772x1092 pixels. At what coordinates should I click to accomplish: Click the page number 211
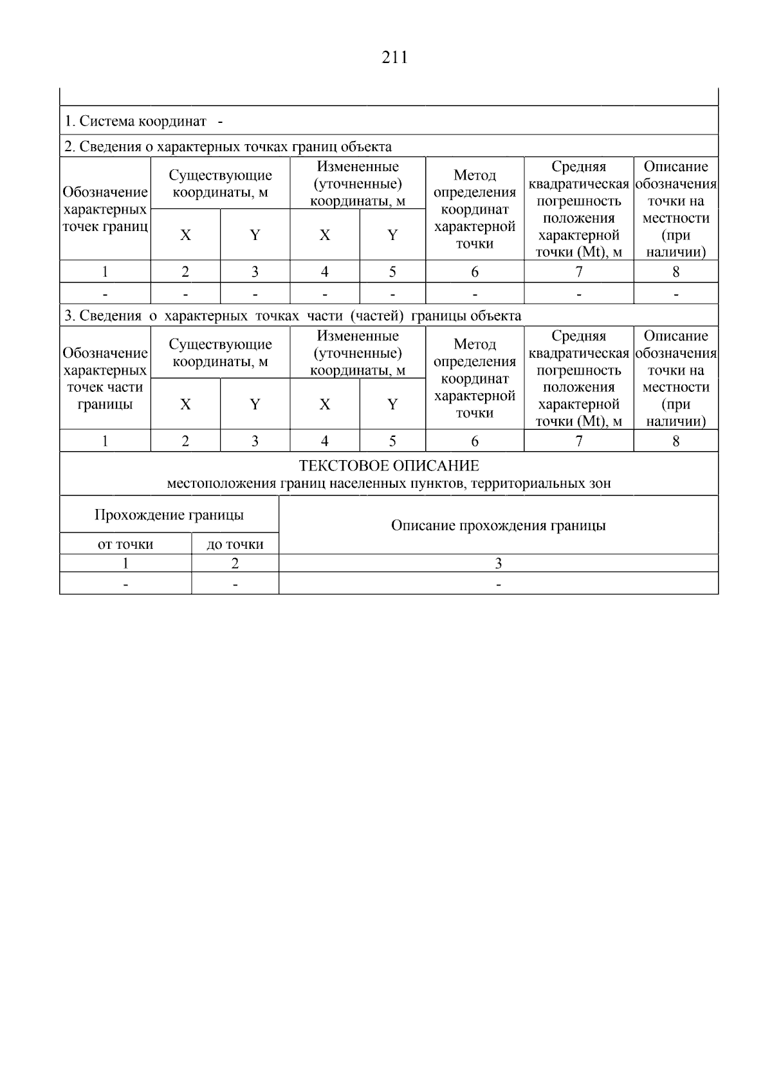click(394, 58)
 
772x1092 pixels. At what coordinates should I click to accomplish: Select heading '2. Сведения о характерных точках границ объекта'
click(227, 147)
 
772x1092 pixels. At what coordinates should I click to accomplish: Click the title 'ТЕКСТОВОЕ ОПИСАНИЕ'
click(389, 466)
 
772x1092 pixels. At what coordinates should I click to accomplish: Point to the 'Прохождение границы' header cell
click(169, 515)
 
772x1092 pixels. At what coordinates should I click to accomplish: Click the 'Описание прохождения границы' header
click(498, 526)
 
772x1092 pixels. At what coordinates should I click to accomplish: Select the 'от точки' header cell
click(125, 544)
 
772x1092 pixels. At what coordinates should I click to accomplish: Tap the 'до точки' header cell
click(235, 544)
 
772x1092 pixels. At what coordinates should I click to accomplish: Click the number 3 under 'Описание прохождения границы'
click(498, 564)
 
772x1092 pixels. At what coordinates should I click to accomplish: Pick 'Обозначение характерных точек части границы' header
click(105, 378)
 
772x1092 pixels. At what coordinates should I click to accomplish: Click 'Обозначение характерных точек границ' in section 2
click(105, 209)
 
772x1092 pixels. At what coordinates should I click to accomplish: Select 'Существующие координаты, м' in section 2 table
click(220, 183)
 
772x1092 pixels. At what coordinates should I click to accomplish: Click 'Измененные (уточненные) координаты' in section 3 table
click(358, 353)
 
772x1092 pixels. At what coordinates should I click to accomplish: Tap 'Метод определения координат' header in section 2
click(475, 209)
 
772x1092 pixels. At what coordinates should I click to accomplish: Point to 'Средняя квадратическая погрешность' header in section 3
click(579, 378)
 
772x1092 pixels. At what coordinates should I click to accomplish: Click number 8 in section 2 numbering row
click(675, 272)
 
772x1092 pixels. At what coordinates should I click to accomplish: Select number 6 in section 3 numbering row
click(475, 441)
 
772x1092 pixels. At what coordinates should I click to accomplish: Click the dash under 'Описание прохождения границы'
click(498, 584)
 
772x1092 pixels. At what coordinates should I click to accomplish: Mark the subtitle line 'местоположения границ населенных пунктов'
click(389, 483)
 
